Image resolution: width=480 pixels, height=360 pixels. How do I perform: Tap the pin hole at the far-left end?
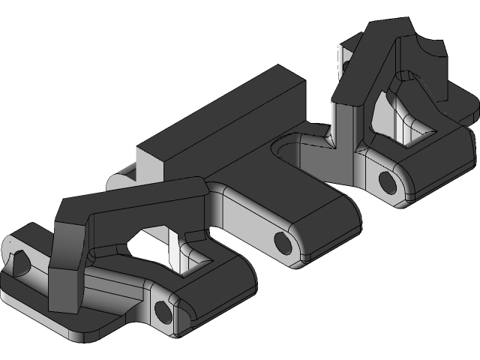click(x=20, y=260)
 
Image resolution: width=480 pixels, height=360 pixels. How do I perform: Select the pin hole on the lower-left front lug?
click(x=162, y=308)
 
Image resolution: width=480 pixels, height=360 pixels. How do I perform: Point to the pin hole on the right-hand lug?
click(x=387, y=181)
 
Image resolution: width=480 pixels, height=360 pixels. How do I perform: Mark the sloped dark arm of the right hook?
click(x=360, y=67)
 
